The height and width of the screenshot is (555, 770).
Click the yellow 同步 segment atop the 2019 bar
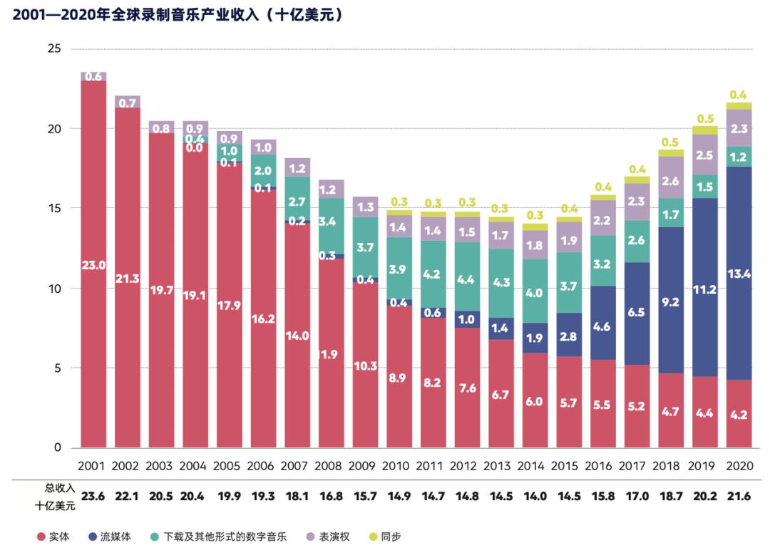click(705, 130)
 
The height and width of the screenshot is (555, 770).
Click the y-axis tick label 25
click(55, 49)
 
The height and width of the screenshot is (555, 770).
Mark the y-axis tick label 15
click(55, 209)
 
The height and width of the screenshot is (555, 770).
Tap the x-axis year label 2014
click(535, 467)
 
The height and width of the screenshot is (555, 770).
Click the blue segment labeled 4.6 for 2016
click(603, 328)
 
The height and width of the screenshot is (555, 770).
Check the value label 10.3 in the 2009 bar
click(365, 366)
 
